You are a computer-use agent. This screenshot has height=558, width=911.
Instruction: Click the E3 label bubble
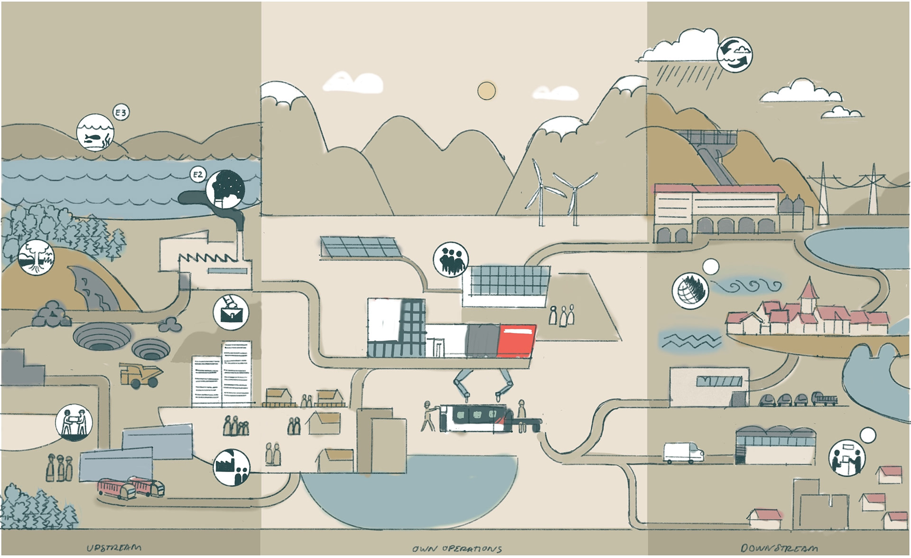[121, 113]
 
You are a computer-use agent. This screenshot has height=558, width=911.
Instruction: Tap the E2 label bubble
[198, 175]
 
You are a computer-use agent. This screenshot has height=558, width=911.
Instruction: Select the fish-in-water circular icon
[95, 132]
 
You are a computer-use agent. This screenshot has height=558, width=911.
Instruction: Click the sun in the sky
[486, 91]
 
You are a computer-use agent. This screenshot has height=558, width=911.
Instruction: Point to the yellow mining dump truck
[141, 375]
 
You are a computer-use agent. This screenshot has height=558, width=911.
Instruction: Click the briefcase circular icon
[231, 312]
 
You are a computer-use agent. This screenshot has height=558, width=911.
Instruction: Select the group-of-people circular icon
[451, 259]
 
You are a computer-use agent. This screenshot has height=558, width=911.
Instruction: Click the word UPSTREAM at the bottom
[114, 548]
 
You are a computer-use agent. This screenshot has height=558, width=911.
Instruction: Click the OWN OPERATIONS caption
[457, 549]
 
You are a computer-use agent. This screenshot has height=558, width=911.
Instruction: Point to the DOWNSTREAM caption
[779, 549]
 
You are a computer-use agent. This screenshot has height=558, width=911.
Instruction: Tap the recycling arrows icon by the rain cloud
[734, 54]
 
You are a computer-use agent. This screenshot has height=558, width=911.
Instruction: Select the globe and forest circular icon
[691, 290]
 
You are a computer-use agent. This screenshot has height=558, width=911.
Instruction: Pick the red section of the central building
[516, 340]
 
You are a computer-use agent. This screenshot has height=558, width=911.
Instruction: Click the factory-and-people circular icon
[232, 467]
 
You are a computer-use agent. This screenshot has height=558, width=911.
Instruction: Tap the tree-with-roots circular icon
[36, 258]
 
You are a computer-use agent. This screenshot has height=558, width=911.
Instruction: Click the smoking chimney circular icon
[225, 189]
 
